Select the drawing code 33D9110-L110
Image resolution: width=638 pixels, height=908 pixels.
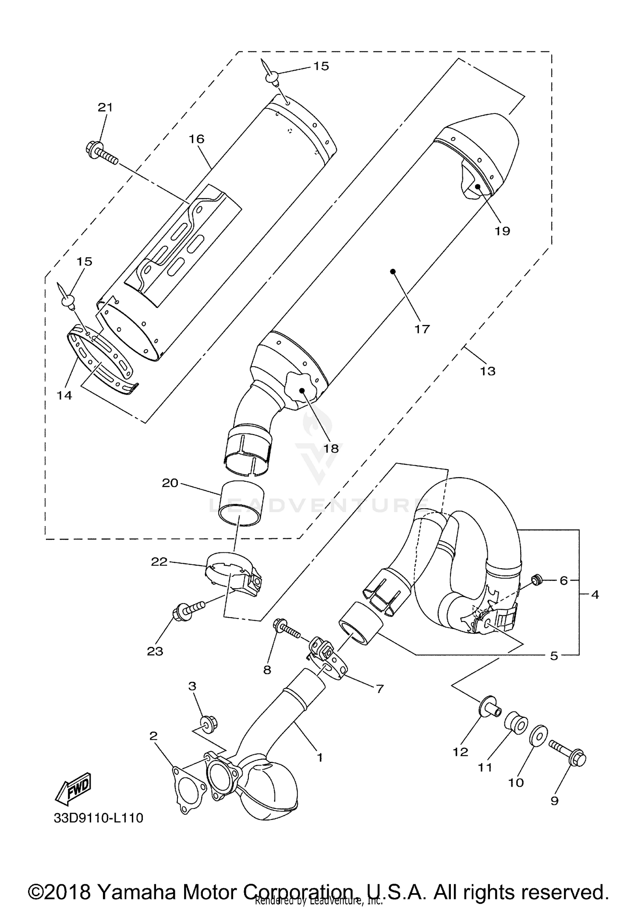[x=98, y=818]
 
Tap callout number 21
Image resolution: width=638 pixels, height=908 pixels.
[x=105, y=108]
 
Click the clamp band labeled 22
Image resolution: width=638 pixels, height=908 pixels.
[x=232, y=572]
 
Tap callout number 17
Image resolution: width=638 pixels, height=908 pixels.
[x=422, y=329]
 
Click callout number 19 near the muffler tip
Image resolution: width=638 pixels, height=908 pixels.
[x=502, y=231]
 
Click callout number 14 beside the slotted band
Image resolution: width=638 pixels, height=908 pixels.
[x=65, y=396]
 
